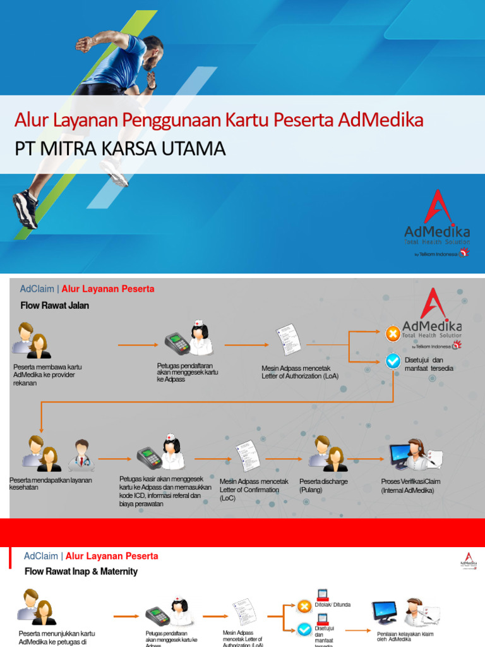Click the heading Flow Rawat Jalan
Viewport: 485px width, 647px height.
coord(55,305)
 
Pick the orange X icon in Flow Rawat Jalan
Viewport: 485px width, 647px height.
coord(393,334)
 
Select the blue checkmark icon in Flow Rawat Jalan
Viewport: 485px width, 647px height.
coord(393,361)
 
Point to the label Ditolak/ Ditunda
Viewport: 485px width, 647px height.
coord(333,604)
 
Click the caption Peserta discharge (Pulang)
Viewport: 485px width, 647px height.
coord(323,485)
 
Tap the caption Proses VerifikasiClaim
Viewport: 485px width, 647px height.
coord(410,485)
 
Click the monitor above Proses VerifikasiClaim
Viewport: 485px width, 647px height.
coord(400,456)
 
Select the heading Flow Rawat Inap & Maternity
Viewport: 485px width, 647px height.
coord(81,571)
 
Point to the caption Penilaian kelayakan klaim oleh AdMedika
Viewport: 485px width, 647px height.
coord(405,636)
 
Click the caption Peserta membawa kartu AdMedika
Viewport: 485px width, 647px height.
coord(47,375)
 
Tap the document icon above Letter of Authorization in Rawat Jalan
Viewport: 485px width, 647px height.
coord(287,341)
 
